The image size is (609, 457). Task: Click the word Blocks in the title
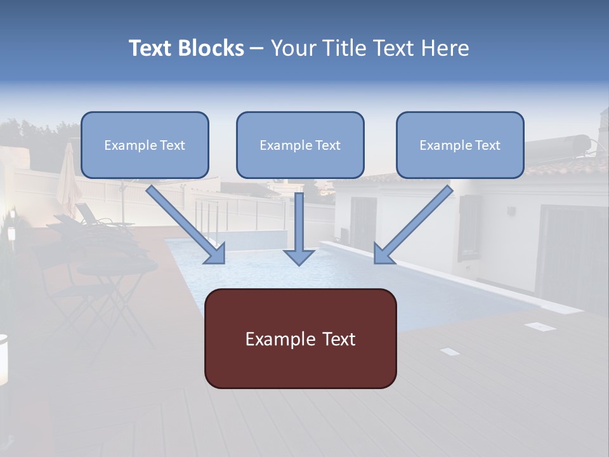pos(212,48)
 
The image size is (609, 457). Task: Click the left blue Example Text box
pos(145,145)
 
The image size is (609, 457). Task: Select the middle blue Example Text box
pos(300,145)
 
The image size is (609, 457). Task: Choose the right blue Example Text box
pos(460,145)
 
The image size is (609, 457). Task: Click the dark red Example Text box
pos(300,339)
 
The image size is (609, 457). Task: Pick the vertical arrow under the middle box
pos(299,225)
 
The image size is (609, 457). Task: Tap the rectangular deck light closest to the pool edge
pos(540,326)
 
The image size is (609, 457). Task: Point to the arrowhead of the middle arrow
pos(299,256)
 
